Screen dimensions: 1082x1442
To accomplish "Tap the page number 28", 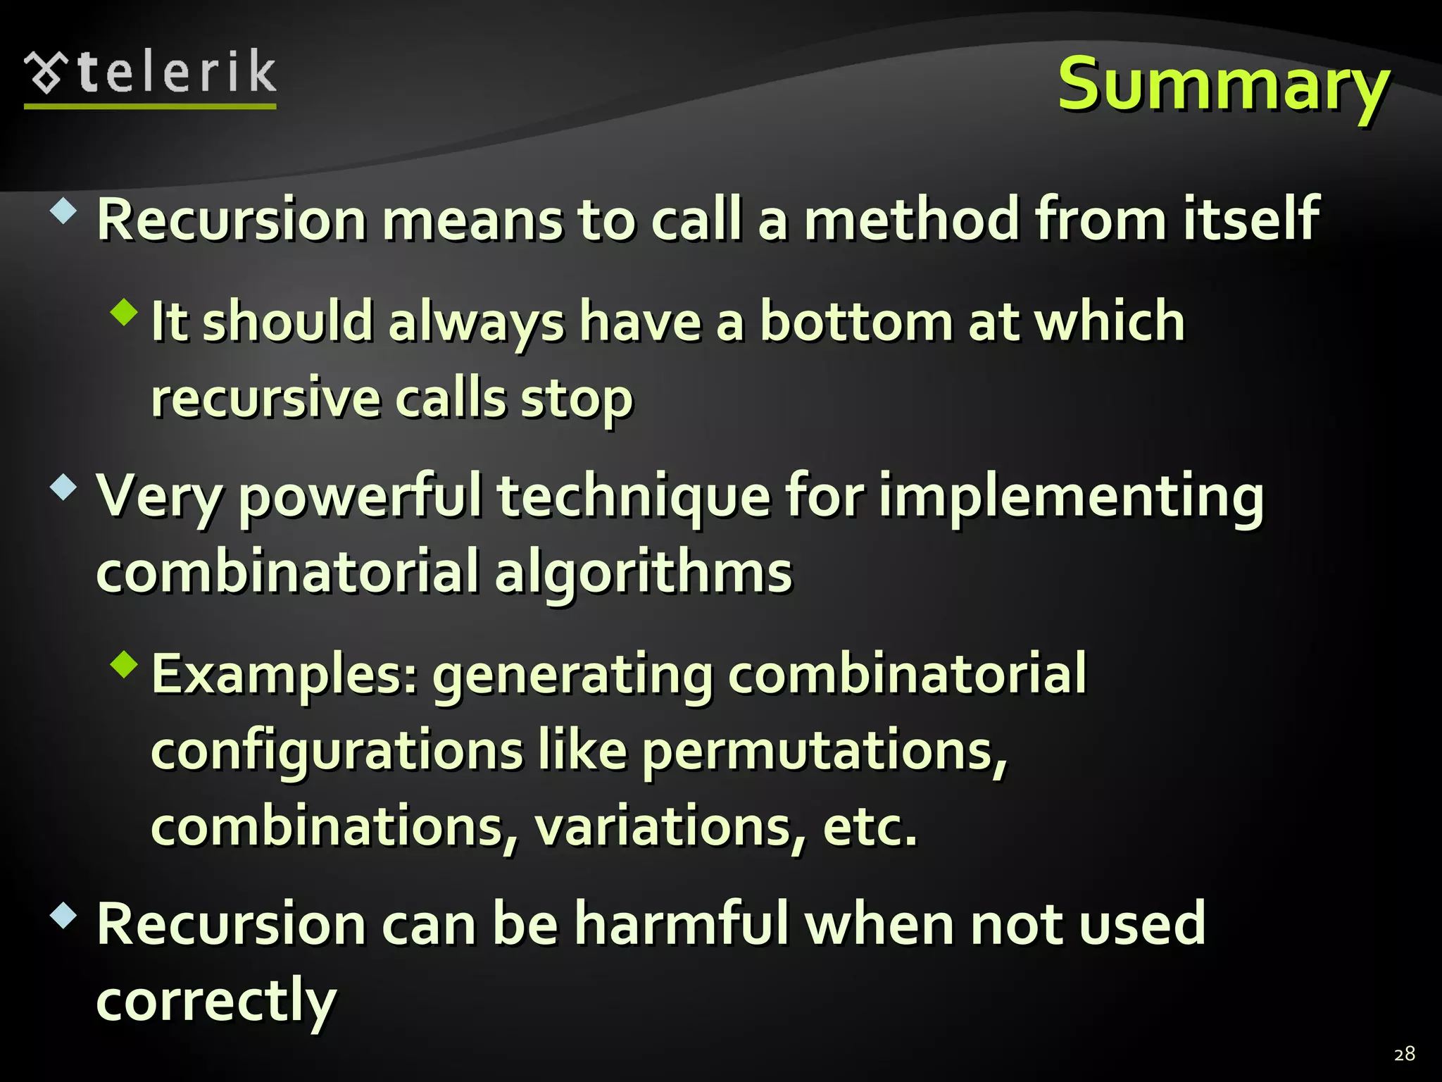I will [1404, 1054].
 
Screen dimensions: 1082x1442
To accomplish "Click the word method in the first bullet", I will [912, 219].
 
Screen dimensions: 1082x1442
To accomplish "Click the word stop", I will [577, 399].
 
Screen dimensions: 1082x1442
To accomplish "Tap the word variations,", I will [670, 827].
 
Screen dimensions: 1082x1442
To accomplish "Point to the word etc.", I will [870, 827].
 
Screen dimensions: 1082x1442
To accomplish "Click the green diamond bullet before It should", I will [124, 312].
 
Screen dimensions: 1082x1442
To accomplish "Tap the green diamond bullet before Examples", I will [124, 664].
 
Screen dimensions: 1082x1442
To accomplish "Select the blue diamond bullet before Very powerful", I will [63, 487].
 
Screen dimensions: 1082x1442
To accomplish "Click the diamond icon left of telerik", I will [46, 73].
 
